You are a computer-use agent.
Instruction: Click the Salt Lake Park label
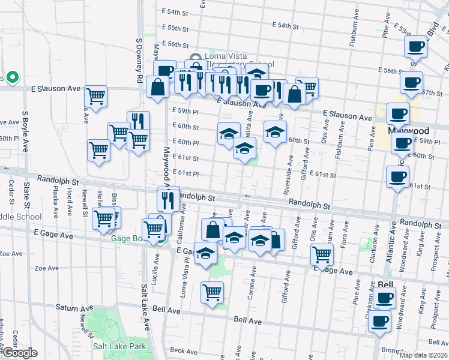pyautogui.click(x=119, y=346)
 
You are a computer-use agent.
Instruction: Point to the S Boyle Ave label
pyautogui.click(x=25, y=131)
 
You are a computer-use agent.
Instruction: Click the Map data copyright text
pyautogui.click(x=423, y=355)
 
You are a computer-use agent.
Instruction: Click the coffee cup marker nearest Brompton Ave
pyautogui.click(x=379, y=321)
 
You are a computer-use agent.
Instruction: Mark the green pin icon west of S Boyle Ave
pyautogui.click(x=11, y=78)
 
